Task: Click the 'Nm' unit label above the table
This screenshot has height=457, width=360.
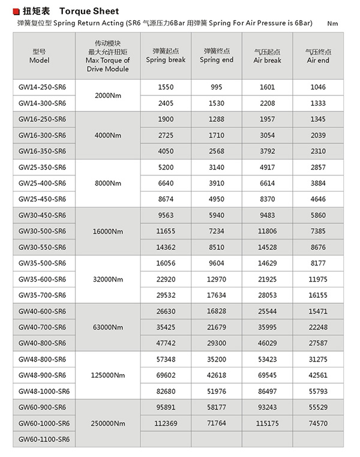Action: (334, 23)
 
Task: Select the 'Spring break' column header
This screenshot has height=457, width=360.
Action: (166, 56)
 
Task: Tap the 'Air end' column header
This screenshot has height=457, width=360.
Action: (318, 56)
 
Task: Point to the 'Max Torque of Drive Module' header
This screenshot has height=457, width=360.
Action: (108, 56)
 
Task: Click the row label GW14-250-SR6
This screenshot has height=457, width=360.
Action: (43, 87)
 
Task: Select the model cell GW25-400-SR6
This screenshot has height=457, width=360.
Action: (43, 183)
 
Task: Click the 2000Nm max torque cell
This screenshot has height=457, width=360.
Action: (108, 95)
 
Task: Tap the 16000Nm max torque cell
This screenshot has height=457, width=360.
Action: (108, 231)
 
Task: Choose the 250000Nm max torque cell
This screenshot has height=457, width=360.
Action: (108, 423)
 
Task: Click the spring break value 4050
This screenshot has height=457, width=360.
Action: (166, 151)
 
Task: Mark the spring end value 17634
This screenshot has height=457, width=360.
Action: (217, 295)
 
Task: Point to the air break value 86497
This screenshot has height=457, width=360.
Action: (268, 391)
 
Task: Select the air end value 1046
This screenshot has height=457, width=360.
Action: (318, 87)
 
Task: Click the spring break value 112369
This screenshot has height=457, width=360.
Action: (166, 423)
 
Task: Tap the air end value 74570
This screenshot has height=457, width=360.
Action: (318, 423)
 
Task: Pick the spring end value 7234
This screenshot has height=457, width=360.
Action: (217, 231)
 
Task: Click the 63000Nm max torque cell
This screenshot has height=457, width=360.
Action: (108, 327)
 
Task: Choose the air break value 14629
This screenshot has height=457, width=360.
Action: (268, 263)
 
